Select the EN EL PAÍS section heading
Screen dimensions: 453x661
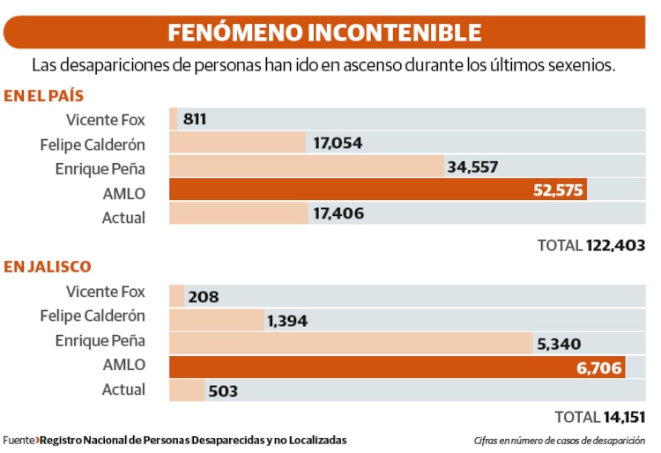tap(43, 96)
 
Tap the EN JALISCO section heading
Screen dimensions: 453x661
tap(47, 266)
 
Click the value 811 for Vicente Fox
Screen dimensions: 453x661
tap(195, 119)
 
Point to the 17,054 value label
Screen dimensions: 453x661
tap(338, 143)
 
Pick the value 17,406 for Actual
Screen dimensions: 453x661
tap(338, 214)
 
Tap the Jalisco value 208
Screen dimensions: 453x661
tap(203, 297)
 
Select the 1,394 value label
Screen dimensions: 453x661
tap(287, 321)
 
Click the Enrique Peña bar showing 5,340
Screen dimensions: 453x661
tap(353, 344)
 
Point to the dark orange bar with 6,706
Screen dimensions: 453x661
tap(397, 367)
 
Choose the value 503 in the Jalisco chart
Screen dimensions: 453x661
tap(224, 390)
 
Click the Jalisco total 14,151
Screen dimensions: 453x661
tap(625, 416)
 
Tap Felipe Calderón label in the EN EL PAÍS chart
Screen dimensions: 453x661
tap(93, 145)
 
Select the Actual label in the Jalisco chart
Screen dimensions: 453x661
tap(123, 390)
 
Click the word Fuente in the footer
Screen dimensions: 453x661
tap(18, 440)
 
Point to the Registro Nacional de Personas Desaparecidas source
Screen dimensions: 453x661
tap(194, 440)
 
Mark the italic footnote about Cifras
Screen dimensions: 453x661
tap(559, 440)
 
